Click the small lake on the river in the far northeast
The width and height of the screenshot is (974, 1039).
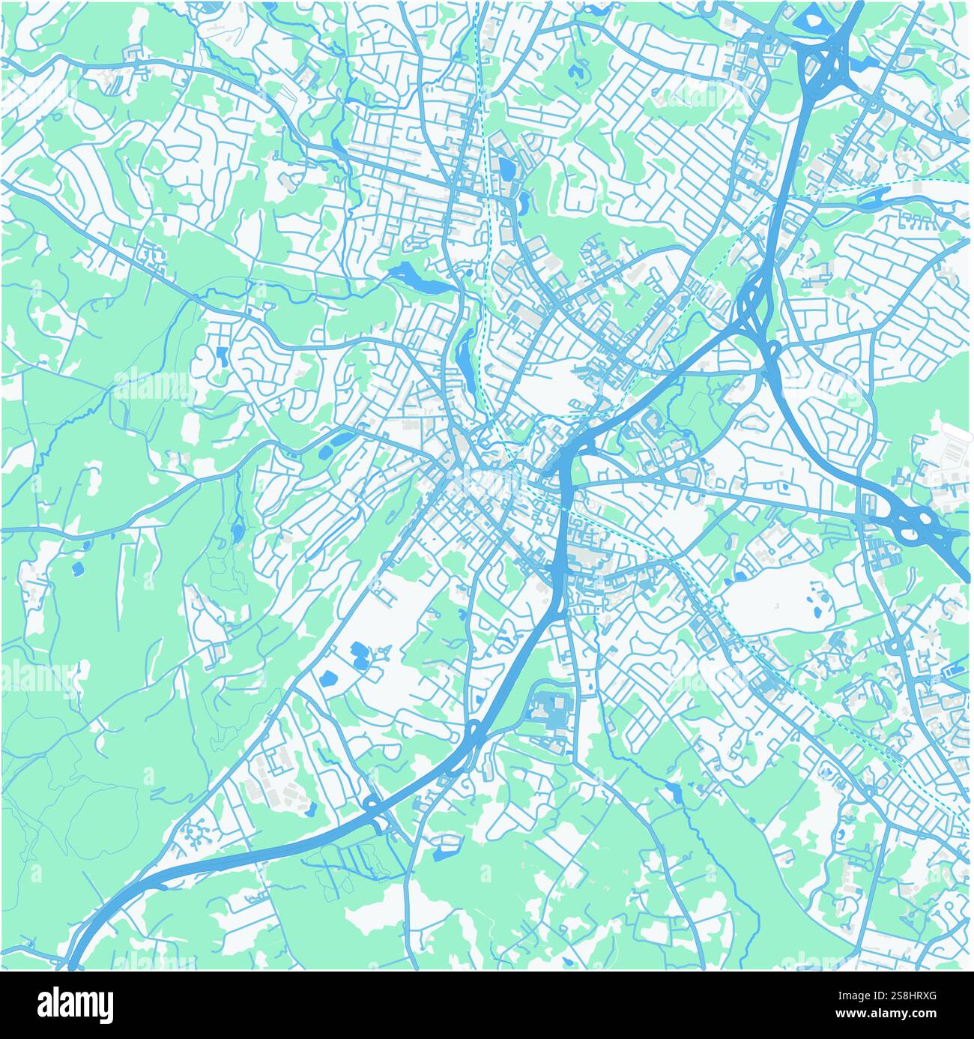(x=874, y=196)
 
